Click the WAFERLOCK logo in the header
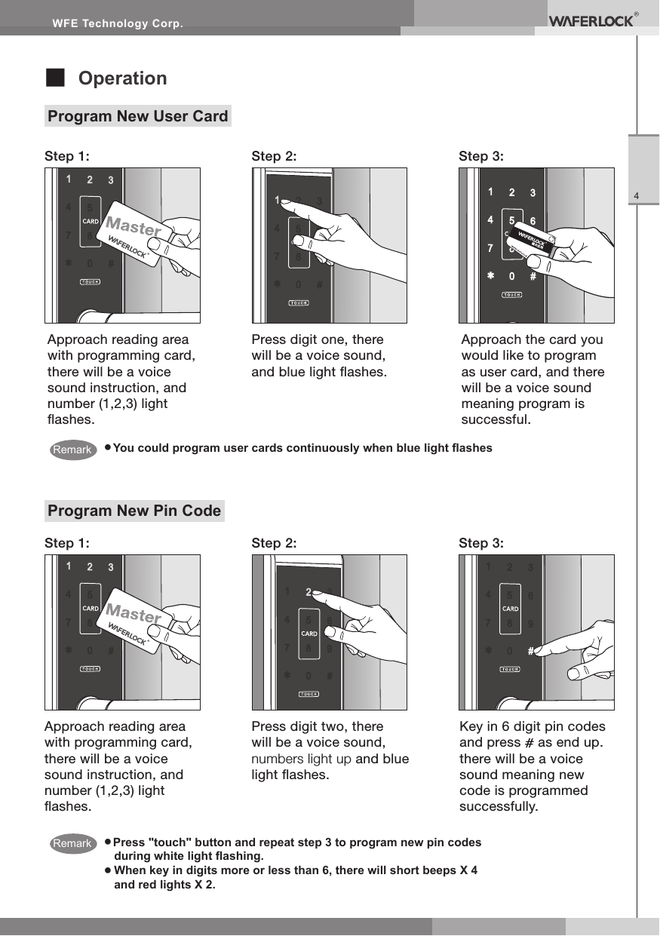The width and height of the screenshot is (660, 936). (x=591, y=21)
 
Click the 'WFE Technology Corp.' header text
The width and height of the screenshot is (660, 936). (x=117, y=24)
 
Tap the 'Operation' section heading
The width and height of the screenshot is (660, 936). (x=123, y=78)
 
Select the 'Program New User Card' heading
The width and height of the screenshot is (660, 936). (x=137, y=116)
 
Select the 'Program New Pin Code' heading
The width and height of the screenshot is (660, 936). (x=134, y=511)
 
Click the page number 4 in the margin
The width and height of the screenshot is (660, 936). (x=637, y=198)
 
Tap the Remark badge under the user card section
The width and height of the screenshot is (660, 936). (x=72, y=450)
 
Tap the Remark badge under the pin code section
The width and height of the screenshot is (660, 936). (x=72, y=843)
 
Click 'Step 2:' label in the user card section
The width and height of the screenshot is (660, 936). (x=273, y=156)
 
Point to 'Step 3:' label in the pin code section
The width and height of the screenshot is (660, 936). (x=481, y=543)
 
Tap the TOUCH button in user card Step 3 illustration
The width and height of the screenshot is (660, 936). (x=513, y=295)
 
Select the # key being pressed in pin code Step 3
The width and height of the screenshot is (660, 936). (x=531, y=649)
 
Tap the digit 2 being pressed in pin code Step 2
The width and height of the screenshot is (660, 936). (x=309, y=592)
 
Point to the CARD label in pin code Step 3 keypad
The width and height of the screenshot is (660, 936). (x=510, y=609)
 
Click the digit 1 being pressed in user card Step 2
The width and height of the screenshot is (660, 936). (x=278, y=201)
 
